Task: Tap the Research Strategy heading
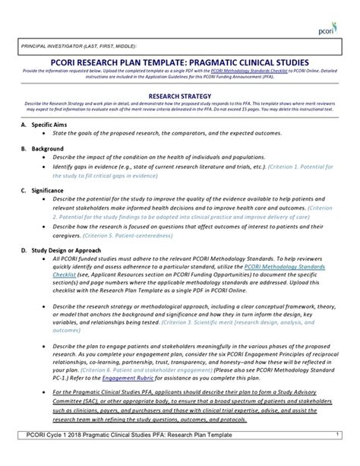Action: (x=179, y=97)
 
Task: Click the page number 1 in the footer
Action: (x=336, y=454)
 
